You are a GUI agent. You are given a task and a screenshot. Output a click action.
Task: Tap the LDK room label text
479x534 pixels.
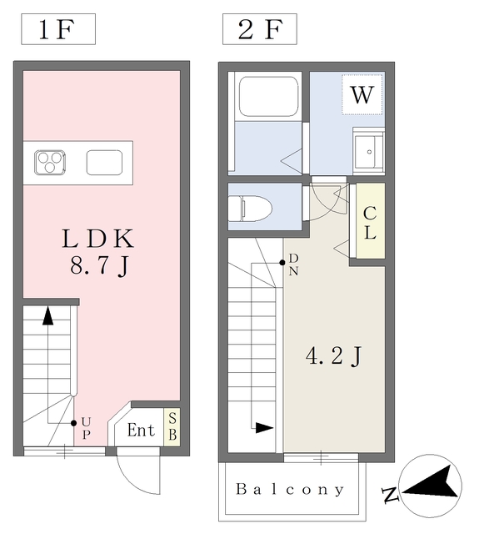(98, 239)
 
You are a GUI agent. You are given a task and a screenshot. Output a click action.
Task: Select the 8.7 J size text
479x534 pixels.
(98, 267)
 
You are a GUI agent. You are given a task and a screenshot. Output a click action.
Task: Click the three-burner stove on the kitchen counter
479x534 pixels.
(50, 162)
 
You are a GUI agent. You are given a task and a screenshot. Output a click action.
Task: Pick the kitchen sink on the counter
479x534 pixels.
(104, 162)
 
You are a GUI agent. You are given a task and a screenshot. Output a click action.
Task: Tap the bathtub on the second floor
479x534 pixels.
(268, 97)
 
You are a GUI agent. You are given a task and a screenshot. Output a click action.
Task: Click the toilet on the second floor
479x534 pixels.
(251, 206)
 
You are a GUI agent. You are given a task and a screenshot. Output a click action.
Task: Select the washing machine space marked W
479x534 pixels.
(362, 94)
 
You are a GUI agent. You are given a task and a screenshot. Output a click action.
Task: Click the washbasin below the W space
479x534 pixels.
(367, 151)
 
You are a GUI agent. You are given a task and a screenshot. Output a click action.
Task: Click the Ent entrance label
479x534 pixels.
(141, 431)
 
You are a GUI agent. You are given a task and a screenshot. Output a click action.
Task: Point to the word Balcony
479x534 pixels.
(289, 490)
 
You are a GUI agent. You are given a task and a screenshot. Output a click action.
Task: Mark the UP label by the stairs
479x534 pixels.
(86, 430)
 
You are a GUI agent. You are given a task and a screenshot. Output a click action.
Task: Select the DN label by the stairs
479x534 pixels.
(294, 264)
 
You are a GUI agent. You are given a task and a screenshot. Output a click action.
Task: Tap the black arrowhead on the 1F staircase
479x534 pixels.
(48, 316)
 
